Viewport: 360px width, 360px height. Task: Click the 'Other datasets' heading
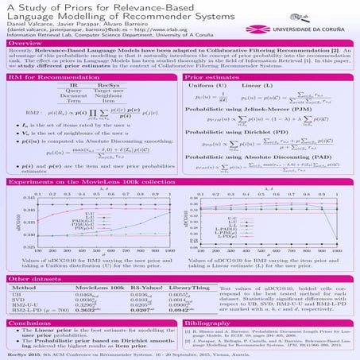click(x=31, y=281)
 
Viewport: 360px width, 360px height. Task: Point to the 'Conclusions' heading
click(x=30, y=324)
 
